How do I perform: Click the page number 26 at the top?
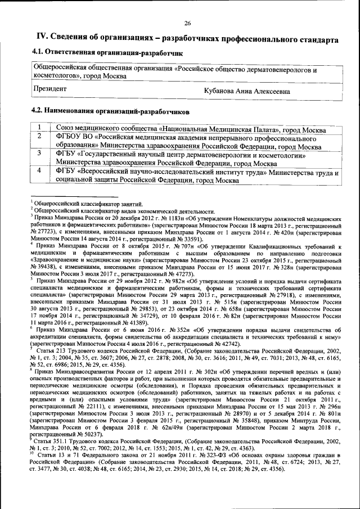coord(187,23)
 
